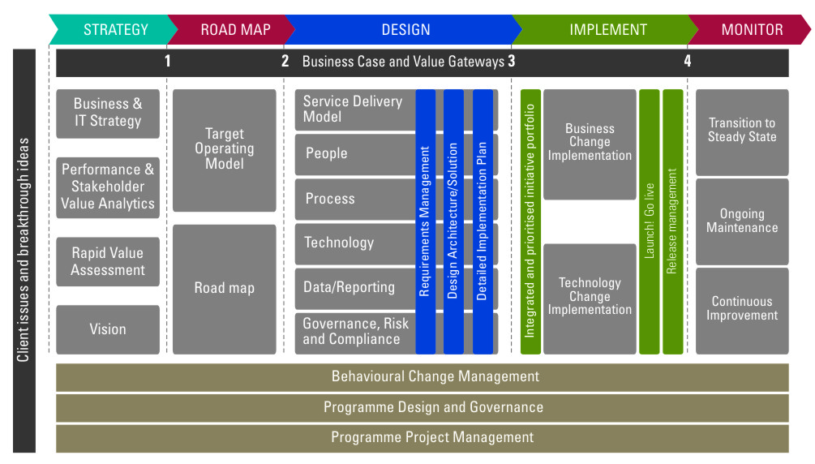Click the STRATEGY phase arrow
coord(114,30)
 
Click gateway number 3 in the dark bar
coord(512,61)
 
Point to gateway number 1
coord(168,61)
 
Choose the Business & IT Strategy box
coord(108,113)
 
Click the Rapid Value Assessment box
coord(108,261)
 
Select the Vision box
coord(108,329)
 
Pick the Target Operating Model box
coord(225,149)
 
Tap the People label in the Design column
coord(327,153)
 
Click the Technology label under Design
coord(339,243)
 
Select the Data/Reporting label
coord(350,287)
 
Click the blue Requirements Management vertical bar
coord(426,221)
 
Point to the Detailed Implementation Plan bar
coord(483,221)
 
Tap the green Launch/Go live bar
coord(650,221)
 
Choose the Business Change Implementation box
coord(590,143)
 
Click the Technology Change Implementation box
coord(590,297)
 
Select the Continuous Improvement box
coord(742,309)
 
